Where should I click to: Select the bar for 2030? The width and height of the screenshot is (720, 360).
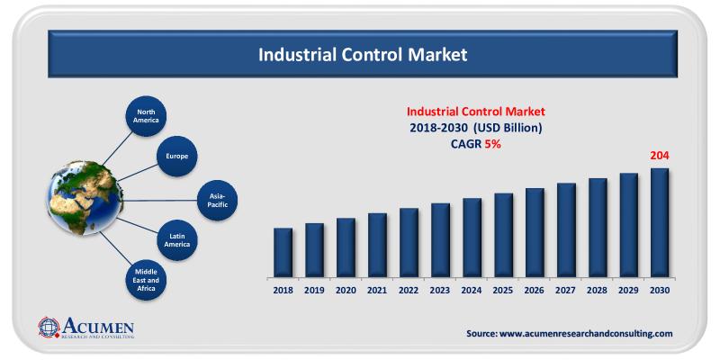coord(660,222)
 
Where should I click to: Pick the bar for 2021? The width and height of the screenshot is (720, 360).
coord(377,245)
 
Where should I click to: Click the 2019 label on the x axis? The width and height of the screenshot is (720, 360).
coord(314,291)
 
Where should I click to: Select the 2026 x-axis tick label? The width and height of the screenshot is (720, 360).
coord(535,291)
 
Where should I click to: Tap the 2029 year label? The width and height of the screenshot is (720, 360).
coord(628,291)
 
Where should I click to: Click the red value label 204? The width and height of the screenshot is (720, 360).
coord(660,156)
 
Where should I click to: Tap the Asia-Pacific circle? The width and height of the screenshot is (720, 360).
coord(219,197)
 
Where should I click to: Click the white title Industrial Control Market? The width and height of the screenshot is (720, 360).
coord(363,55)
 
